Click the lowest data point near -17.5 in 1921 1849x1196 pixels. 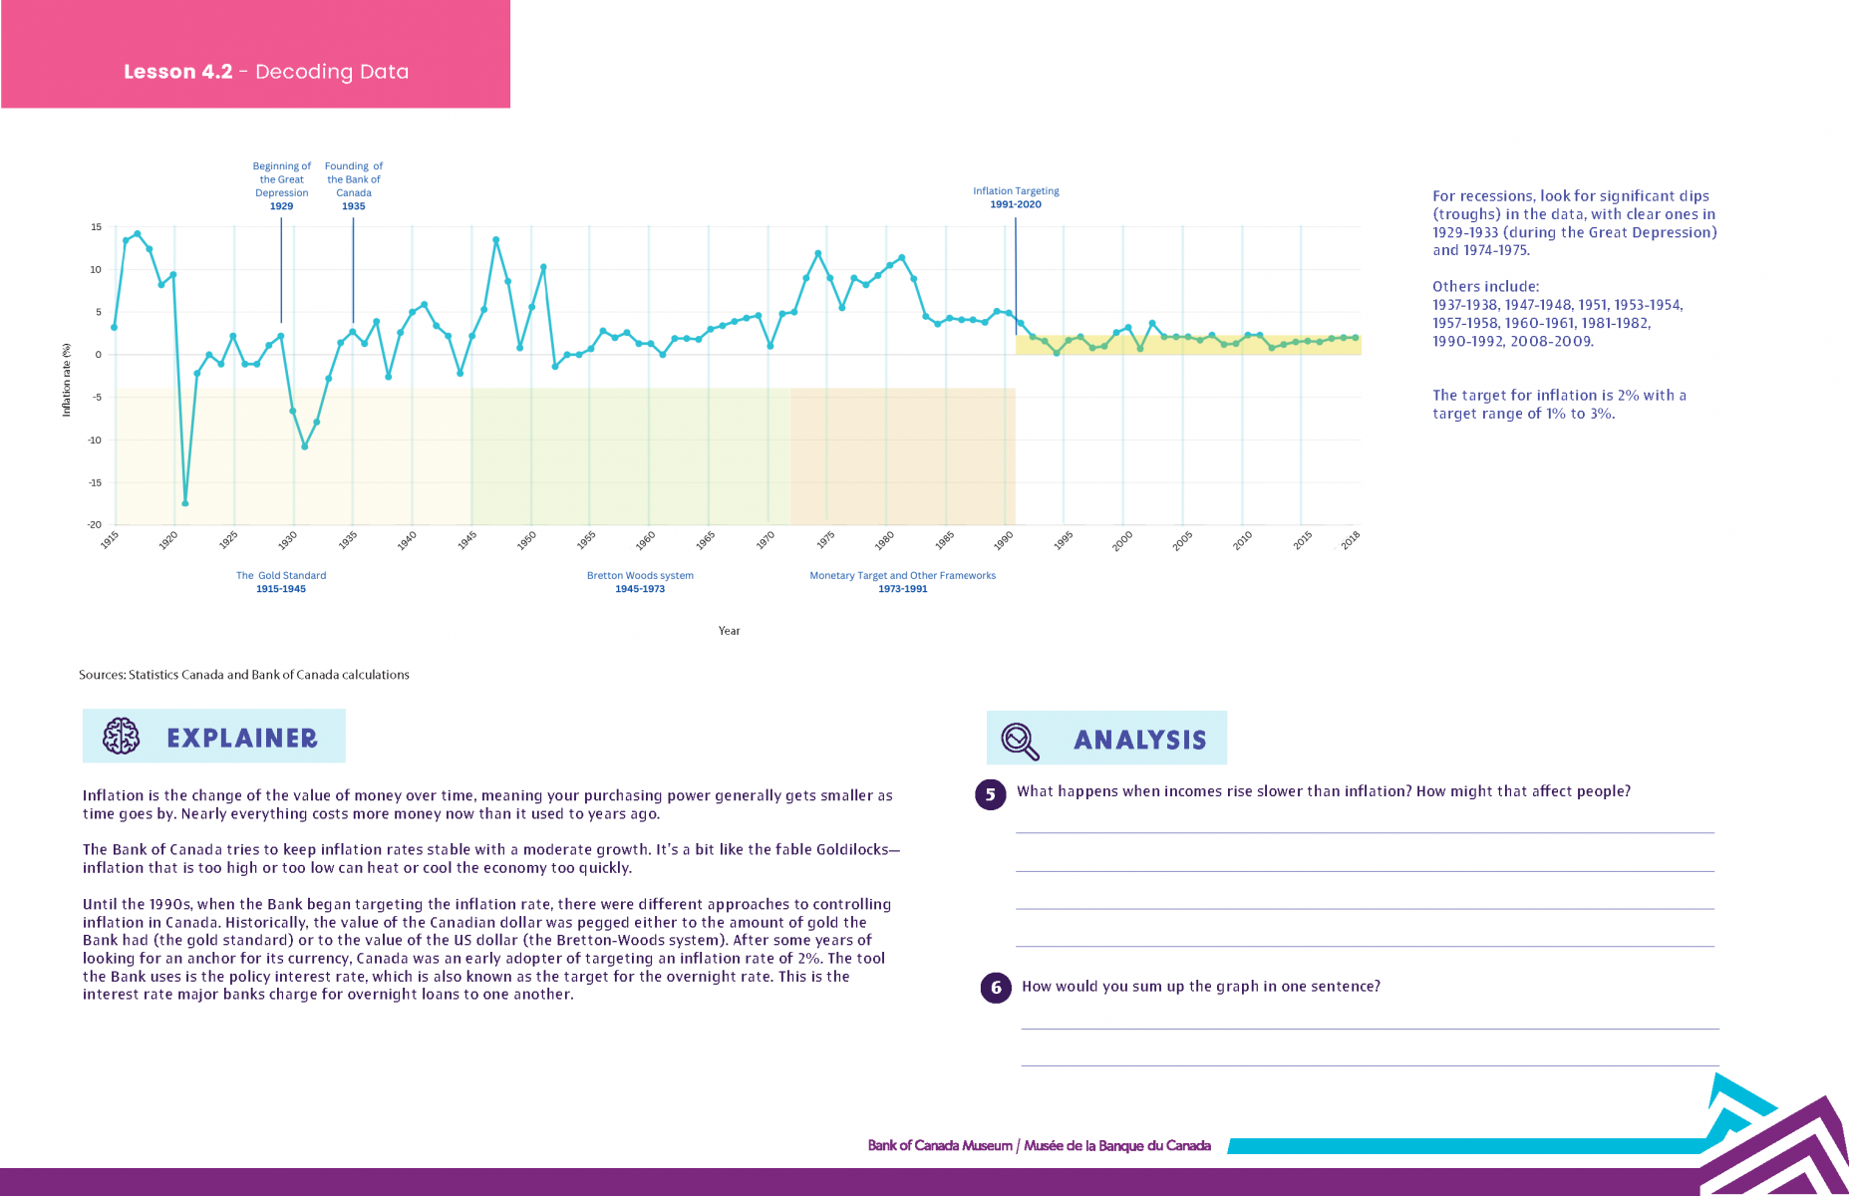(185, 503)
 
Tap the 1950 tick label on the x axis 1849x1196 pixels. (526, 538)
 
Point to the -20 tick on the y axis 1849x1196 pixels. (94, 524)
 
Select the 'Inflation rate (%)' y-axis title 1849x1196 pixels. (67, 380)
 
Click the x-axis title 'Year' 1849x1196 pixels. (729, 631)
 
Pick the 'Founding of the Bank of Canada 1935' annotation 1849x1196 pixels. (354, 186)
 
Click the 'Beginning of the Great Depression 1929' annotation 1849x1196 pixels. (281, 186)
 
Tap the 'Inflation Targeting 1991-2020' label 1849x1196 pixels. (1016, 197)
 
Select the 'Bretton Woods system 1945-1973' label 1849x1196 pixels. (640, 582)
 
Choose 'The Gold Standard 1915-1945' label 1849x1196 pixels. (281, 582)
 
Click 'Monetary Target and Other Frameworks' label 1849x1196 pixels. (902, 576)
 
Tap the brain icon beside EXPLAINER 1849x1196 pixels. (122, 737)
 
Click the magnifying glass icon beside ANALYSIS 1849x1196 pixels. (1020, 741)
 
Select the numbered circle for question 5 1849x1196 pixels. (990, 794)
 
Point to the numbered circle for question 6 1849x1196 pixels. (996, 988)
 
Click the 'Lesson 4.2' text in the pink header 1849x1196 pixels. (178, 72)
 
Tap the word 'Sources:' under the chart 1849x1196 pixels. (102, 675)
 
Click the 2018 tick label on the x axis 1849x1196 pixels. (1350, 539)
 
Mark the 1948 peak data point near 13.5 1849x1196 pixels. (495, 240)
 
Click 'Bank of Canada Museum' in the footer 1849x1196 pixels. (940, 1146)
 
